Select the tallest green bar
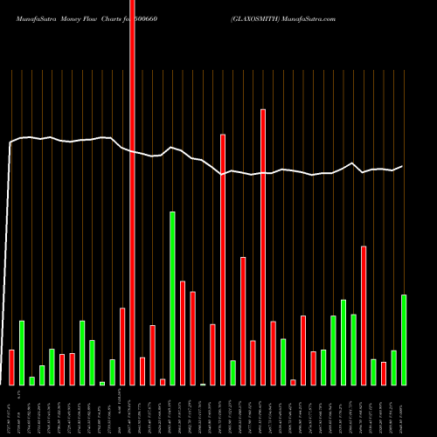coord(173,298)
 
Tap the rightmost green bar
coord(404,340)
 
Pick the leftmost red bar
coord(11,367)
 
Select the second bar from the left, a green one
coord(22,353)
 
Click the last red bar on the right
coord(384,373)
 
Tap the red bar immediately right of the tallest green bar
coord(183,333)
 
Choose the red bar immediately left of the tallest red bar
coord(122,346)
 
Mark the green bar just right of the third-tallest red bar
coord(233,372)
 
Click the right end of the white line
coord(403,166)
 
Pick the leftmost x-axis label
coord(11,411)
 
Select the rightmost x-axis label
coord(404,411)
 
